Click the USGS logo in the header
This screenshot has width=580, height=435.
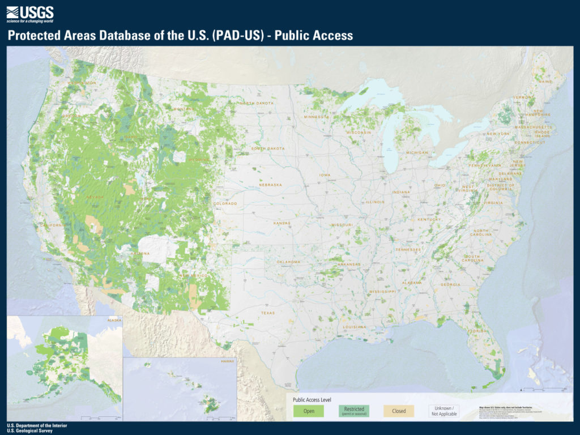(x=30, y=12)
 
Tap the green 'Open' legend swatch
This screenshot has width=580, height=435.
(x=309, y=411)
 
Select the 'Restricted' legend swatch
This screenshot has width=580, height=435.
(x=354, y=411)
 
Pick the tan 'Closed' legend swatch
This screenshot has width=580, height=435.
(x=399, y=411)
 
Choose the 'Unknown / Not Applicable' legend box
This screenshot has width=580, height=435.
(x=443, y=411)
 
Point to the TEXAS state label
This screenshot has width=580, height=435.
(x=268, y=313)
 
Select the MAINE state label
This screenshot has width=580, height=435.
(x=545, y=82)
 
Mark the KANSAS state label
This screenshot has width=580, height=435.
(x=282, y=223)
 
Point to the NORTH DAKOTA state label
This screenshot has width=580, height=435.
(x=255, y=103)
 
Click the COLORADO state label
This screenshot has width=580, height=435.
(x=225, y=203)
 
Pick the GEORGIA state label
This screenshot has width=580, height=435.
(x=450, y=284)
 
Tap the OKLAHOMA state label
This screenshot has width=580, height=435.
(x=288, y=262)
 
